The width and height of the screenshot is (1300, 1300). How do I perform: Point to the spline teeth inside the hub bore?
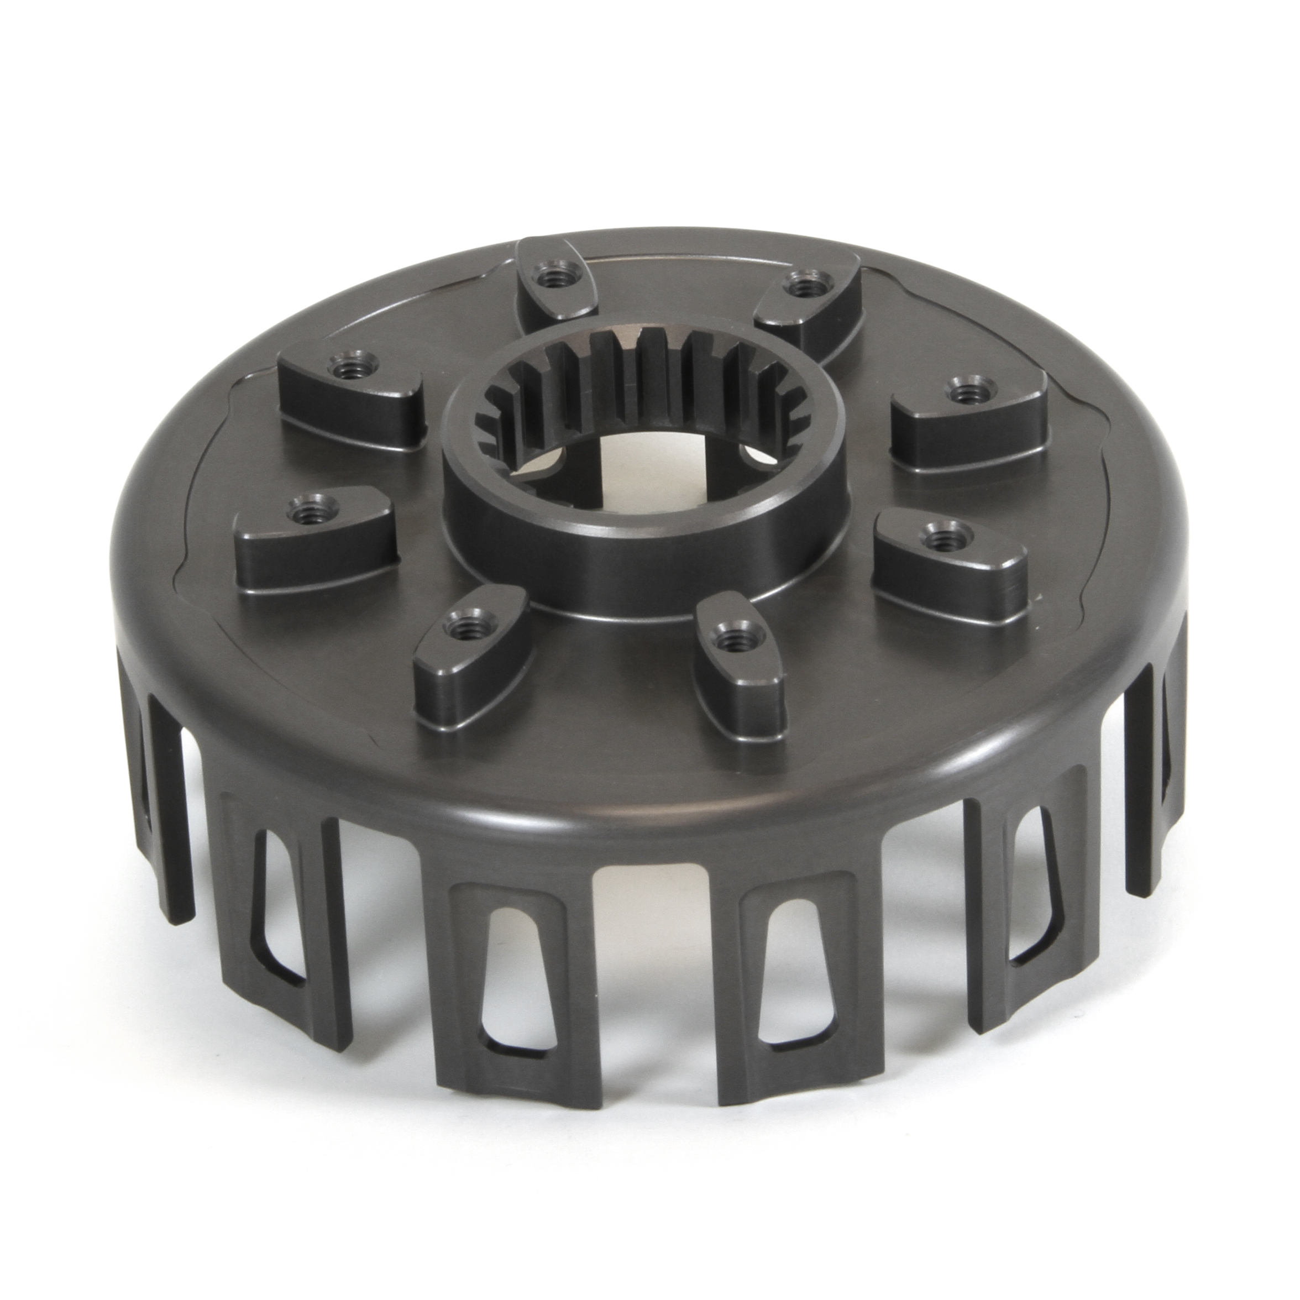coord(646,390)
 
